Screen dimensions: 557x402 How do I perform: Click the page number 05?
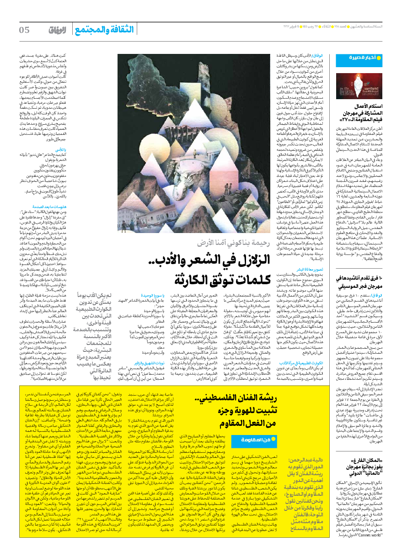point(24,30)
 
